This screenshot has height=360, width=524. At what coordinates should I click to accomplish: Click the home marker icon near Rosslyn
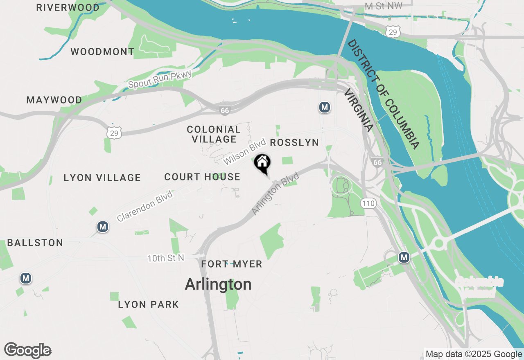pos(262,162)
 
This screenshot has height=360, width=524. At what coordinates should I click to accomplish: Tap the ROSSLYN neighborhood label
pos(294,142)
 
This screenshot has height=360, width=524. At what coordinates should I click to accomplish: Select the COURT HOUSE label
pos(202,177)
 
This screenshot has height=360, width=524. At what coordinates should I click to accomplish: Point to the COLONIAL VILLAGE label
pos(214,135)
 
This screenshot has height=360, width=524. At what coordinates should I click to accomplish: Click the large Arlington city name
pos(218,284)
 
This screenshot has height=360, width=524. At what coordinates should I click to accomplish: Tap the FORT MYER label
pos(232,264)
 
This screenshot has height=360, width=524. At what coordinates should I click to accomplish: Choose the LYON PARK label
pos(149,305)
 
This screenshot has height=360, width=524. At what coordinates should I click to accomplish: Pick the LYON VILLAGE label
pos(102,178)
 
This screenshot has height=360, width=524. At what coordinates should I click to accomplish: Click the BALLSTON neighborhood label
pos(35,243)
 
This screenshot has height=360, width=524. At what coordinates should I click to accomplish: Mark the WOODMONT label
pos(102,52)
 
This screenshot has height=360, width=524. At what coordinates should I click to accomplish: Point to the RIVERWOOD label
pos(68,8)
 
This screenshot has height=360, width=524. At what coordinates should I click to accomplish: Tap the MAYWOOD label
pos(54,100)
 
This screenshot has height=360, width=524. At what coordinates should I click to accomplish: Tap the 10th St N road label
pos(166,258)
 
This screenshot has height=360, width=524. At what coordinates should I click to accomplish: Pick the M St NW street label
pos(384,6)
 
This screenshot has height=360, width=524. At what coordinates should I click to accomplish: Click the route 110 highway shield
pos(368,203)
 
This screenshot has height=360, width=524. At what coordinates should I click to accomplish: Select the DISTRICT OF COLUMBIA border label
pos(384,94)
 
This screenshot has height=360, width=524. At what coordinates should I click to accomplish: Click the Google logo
pos(28,351)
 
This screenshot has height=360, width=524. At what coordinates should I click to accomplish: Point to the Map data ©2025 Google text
pos(474,354)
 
